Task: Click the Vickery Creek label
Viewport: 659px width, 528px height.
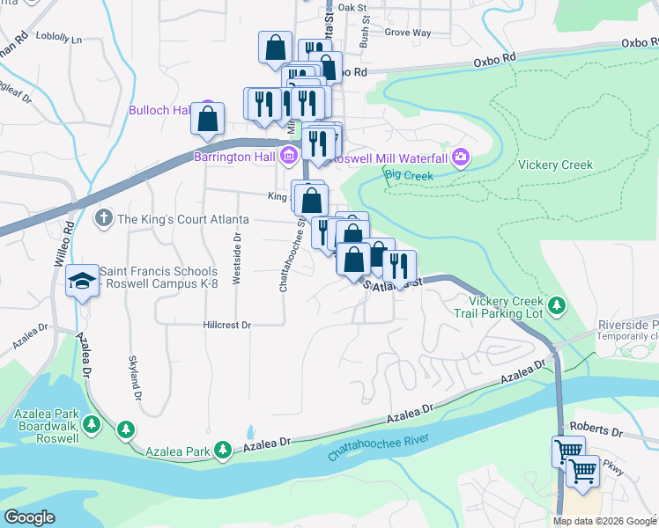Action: point(555,165)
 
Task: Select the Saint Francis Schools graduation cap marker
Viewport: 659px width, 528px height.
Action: point(83,281)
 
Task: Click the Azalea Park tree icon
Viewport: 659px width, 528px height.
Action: point(224,451)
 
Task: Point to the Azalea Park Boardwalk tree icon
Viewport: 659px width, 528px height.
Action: point(126,429)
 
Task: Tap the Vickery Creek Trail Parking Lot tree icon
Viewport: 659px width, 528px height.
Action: point(556,305)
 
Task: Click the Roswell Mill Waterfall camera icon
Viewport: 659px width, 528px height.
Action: point(459,158)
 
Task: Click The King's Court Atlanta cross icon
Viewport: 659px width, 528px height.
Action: point(103,218)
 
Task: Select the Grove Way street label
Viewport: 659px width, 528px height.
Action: point(408,33)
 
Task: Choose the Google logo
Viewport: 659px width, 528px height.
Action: point(29,517)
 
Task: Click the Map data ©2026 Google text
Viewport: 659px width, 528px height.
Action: point(603,521)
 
